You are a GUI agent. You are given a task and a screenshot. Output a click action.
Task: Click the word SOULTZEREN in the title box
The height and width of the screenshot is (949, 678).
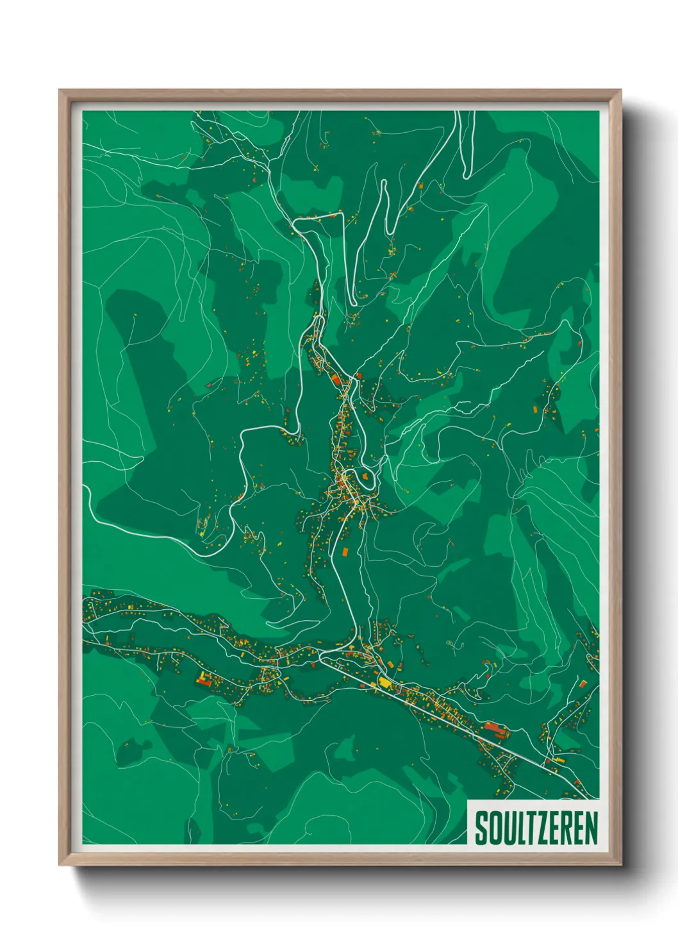coord(536,828)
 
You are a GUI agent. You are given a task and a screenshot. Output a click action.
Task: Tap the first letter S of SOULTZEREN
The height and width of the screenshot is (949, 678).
coord(481,828)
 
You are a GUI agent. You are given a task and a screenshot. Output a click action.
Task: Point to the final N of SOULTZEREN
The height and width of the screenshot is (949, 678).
coord(591,828)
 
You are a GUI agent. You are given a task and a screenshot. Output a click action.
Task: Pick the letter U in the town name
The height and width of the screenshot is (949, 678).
coord(507,828)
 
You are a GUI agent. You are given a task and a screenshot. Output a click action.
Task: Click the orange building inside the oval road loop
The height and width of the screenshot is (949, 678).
coord(366,476)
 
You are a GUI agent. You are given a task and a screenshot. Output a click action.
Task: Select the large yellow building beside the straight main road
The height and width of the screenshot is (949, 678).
coord(384,682)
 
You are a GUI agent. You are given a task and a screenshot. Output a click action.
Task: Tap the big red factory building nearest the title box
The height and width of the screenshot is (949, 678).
coord(493,727)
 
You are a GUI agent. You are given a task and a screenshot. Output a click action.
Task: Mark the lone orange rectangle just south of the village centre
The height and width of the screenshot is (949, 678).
coord(345,551)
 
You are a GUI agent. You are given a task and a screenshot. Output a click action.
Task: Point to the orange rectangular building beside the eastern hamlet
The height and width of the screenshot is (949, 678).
coord(536,408)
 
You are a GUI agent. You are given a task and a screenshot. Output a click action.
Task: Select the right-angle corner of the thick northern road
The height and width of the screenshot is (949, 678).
coord(295,222)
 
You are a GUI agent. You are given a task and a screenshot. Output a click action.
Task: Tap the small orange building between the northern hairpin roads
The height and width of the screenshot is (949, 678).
coord(421,186)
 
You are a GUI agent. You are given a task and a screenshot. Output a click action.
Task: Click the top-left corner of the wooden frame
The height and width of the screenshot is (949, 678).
coord(60,91)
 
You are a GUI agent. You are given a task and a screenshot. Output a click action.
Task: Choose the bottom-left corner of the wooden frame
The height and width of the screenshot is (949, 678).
coord(60,864)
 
